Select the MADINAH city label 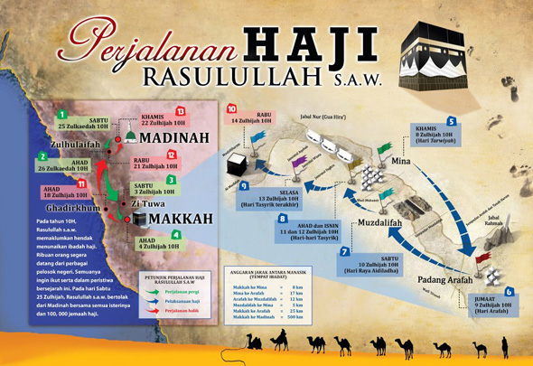tap(177, 137)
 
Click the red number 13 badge tap(180, 111)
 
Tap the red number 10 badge tap(231, 108)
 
